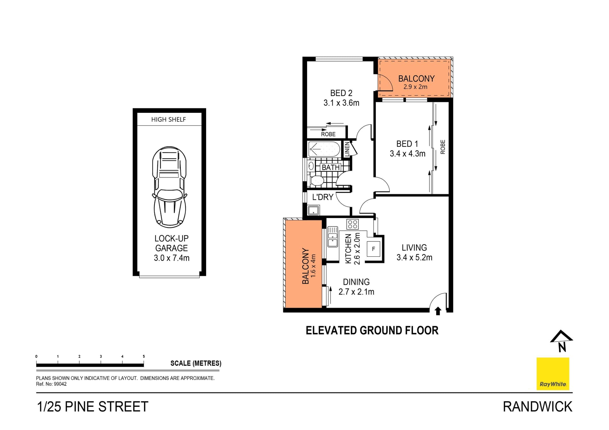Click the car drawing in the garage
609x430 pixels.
point(170,187)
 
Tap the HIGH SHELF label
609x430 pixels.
point(168,119)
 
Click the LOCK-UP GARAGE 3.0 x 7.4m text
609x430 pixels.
point(172,248)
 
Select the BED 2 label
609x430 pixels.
point(341,93)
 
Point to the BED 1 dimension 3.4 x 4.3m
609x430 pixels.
point(407,154)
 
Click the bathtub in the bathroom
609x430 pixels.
point(324,149)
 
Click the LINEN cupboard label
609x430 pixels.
point(347,149)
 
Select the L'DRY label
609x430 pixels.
point(323,197)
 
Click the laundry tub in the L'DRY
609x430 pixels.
point(313,210)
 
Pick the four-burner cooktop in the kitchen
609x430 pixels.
point(352,224)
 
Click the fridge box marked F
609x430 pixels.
point(373,249)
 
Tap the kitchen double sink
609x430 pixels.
point(332,237)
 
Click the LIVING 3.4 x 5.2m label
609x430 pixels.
point(414,253)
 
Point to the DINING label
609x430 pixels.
point(356,282)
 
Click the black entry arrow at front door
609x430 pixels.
point(438,311)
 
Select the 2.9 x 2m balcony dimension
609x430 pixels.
point(415,87)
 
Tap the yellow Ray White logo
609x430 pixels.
point(553,374)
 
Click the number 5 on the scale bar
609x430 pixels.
point(144,356)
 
